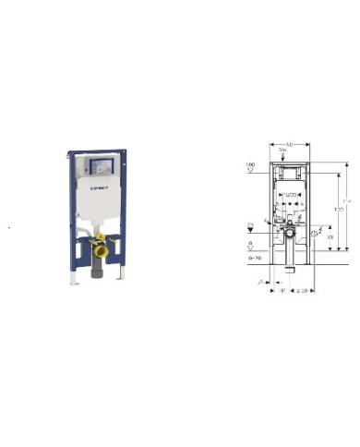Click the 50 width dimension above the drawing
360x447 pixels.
(289, 145)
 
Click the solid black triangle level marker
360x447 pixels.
(251, 231)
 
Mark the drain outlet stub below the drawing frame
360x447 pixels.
(289, 270)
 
